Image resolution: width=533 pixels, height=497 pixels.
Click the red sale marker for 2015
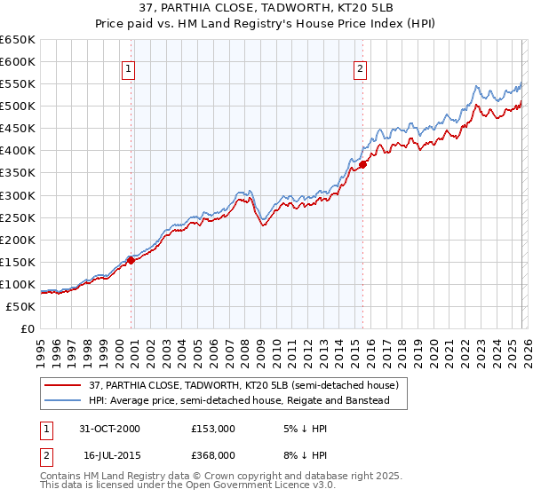point(363,164)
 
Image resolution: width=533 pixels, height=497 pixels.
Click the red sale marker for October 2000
point(131,260)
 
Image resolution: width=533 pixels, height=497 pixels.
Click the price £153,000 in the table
point(213,428)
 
